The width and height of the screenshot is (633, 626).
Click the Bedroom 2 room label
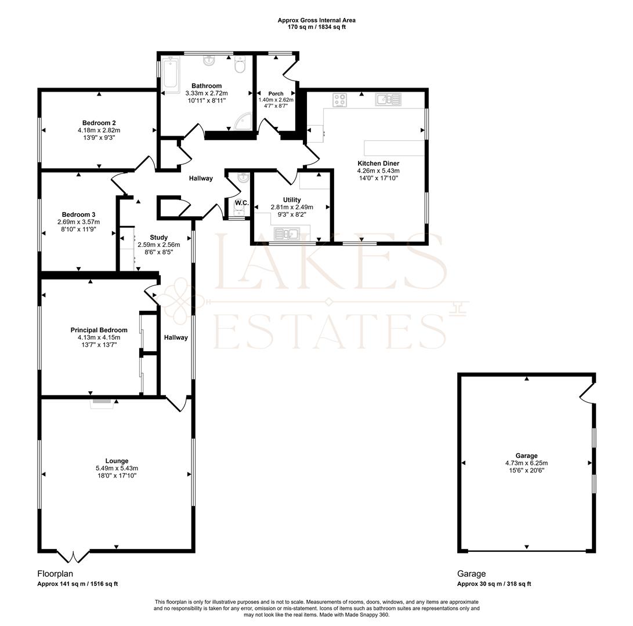click(x=99, y=123)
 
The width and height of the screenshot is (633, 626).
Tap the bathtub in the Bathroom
click(x=171, y=75)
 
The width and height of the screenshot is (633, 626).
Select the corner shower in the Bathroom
click(x=244, y=121)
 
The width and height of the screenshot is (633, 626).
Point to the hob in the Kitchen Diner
click(x=339, y=100)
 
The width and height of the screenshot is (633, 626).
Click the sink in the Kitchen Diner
click(x=388, y=99)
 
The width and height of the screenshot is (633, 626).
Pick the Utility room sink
click(x=287, y=234)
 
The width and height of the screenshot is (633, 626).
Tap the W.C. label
click(x=242, y=203)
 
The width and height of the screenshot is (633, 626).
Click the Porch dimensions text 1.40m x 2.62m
click(x=276, y=100)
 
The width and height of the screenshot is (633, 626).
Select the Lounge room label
click(x=117, y=461)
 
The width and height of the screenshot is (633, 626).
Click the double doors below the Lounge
click(x=73, y=556)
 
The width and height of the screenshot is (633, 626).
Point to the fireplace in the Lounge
click(x=102, y=402)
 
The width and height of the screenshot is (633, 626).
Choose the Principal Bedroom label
click(x=99, y=330)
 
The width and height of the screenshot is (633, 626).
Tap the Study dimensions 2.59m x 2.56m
click(x=158, y=245)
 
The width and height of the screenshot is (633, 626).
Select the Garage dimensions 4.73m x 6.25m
click(x=526, y=463)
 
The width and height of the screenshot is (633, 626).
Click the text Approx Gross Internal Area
click(x=317, y=20)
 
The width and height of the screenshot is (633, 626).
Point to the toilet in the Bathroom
click(x=240, y=65)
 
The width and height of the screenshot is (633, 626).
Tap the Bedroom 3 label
click(x=79, y=214)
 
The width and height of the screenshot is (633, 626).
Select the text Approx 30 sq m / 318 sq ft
click(x=494, y=584)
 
